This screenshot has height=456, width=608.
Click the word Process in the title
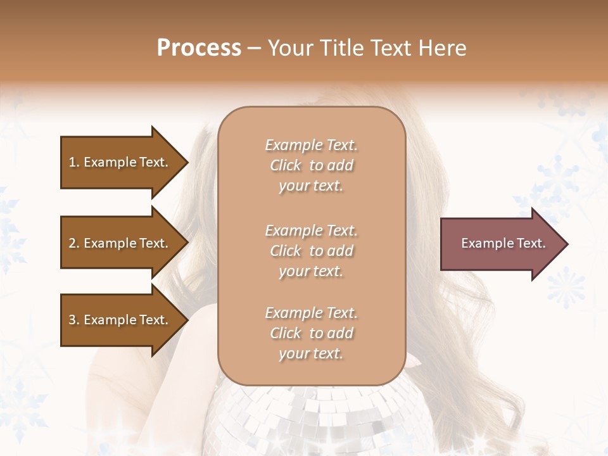tap(199, 48)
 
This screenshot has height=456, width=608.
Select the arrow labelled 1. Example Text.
tap(120, 162)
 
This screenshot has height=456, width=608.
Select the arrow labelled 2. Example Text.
tap(120, 243)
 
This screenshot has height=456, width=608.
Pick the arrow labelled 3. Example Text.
tap(120, 320)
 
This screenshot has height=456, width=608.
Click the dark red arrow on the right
tap(500, 244)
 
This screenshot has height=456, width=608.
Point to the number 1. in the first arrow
tap(74, 162)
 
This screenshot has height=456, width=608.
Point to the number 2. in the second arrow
tap(74, 243)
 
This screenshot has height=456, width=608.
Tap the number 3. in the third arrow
tap(74, 320)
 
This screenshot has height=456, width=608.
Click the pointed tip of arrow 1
tap(186, 162)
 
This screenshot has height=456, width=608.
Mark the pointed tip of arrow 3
tap(186, 320)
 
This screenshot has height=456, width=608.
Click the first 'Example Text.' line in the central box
tap(311, 145)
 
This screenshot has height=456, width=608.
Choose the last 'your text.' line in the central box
tap(311, 353)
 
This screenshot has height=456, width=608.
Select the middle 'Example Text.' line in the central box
tap(311, 231)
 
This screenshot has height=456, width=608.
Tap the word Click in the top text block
tap(286, 165)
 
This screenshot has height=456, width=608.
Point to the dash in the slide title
tap(255, 48)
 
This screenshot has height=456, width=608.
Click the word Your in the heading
tap(291, 48)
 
